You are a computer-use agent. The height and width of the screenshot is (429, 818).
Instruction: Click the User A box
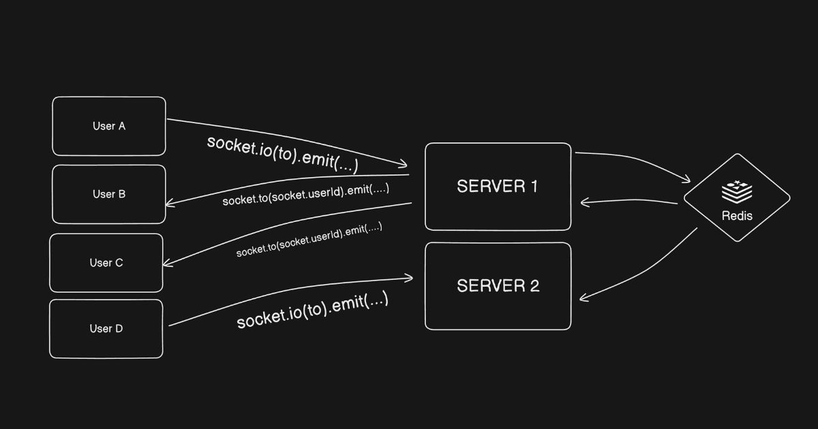click(109, 126)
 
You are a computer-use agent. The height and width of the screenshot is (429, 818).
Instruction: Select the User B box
click(109, 194)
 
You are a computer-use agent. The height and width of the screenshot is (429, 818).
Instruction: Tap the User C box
click(106, 263)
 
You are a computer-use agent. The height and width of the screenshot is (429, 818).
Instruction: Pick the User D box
click(106, 328)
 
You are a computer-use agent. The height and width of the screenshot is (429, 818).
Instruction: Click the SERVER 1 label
click(498, 187)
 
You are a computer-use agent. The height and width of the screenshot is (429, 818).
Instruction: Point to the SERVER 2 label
click(498, 286)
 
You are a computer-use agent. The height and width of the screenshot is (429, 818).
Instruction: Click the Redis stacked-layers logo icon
click(737, 192)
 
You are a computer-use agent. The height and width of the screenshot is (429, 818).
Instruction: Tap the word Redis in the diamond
click(737, 216)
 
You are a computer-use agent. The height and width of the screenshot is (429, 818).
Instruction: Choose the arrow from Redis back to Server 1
click(627, 202)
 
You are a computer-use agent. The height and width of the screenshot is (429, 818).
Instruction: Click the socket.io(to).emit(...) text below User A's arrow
click(282, 154)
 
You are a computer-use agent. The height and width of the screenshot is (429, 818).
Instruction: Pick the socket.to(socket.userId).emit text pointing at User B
click(305, 194)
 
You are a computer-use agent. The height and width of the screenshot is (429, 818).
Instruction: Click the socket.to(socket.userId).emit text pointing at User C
click(309, 240)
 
